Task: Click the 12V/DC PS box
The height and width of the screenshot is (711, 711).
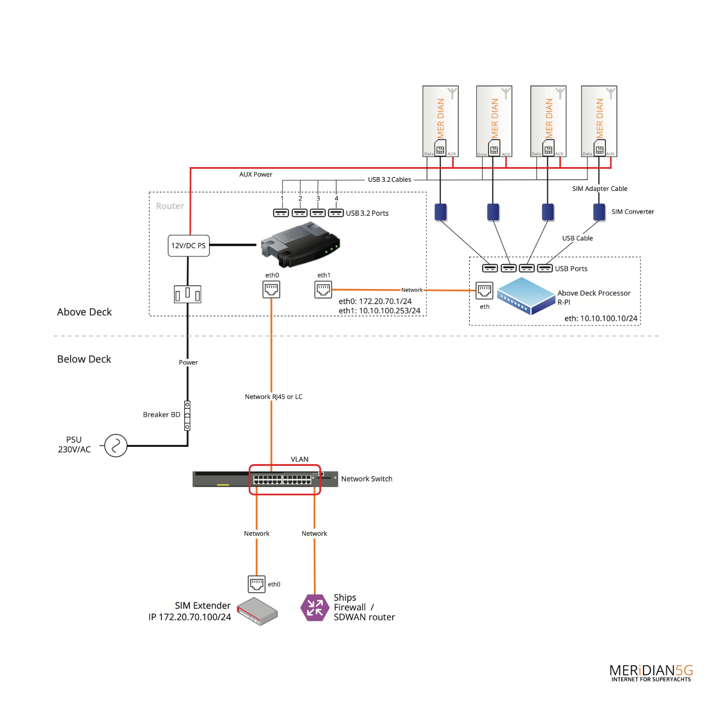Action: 188,246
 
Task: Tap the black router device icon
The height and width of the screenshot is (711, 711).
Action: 300,245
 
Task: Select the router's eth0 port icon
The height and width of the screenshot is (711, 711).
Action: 271,289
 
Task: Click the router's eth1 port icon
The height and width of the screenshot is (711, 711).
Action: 323,289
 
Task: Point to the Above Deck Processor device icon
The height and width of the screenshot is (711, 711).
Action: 526,296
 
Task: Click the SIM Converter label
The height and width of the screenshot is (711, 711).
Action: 632,212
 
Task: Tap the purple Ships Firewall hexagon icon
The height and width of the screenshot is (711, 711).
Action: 315,607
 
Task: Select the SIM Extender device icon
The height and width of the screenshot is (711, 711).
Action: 257,611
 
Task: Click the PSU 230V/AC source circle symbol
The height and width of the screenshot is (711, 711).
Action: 116,445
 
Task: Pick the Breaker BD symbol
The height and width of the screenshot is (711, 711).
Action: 187,416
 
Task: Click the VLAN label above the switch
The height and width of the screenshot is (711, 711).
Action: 300,459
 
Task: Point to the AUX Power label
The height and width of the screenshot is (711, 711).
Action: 255,174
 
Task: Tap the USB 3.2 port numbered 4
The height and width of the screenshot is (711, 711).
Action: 336,213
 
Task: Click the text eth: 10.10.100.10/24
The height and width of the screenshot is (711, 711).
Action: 601,318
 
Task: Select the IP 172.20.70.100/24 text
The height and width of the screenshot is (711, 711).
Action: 189,617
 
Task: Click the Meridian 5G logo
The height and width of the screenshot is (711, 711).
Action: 651,673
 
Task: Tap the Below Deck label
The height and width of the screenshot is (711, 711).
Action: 84,359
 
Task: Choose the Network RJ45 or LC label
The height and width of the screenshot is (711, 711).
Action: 273,397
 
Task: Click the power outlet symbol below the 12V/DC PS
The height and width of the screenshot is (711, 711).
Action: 187,294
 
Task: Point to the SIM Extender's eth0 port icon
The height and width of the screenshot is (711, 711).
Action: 256,584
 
